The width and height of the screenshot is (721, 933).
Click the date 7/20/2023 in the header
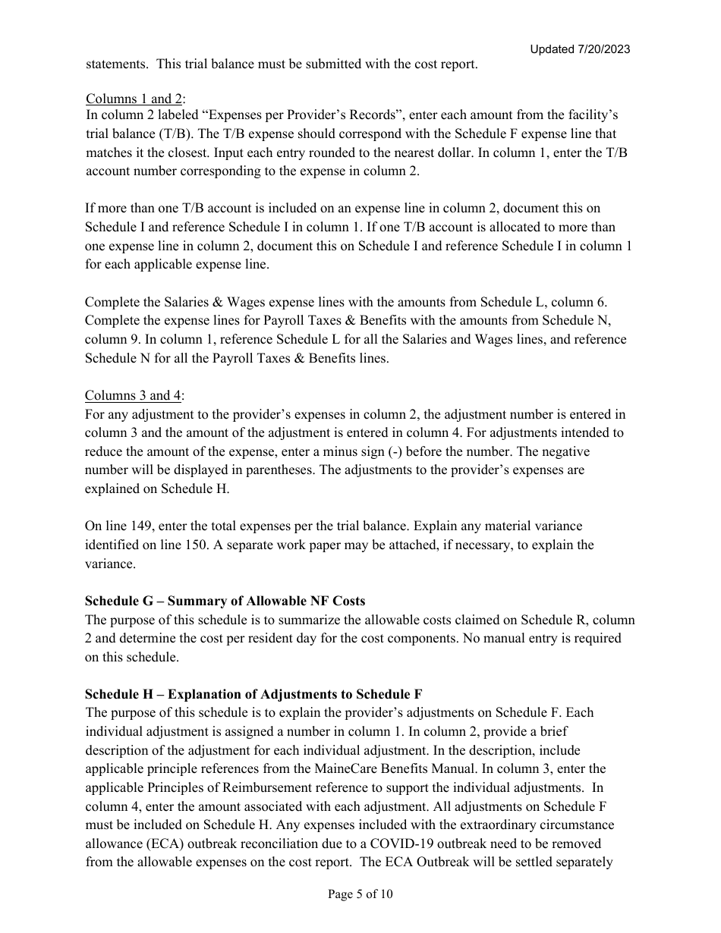click(603, 49)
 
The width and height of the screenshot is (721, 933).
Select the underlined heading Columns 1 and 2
click(134, 99)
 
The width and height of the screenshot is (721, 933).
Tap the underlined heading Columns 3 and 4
click(134, 395)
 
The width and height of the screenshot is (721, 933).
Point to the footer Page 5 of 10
click(360, 894)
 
